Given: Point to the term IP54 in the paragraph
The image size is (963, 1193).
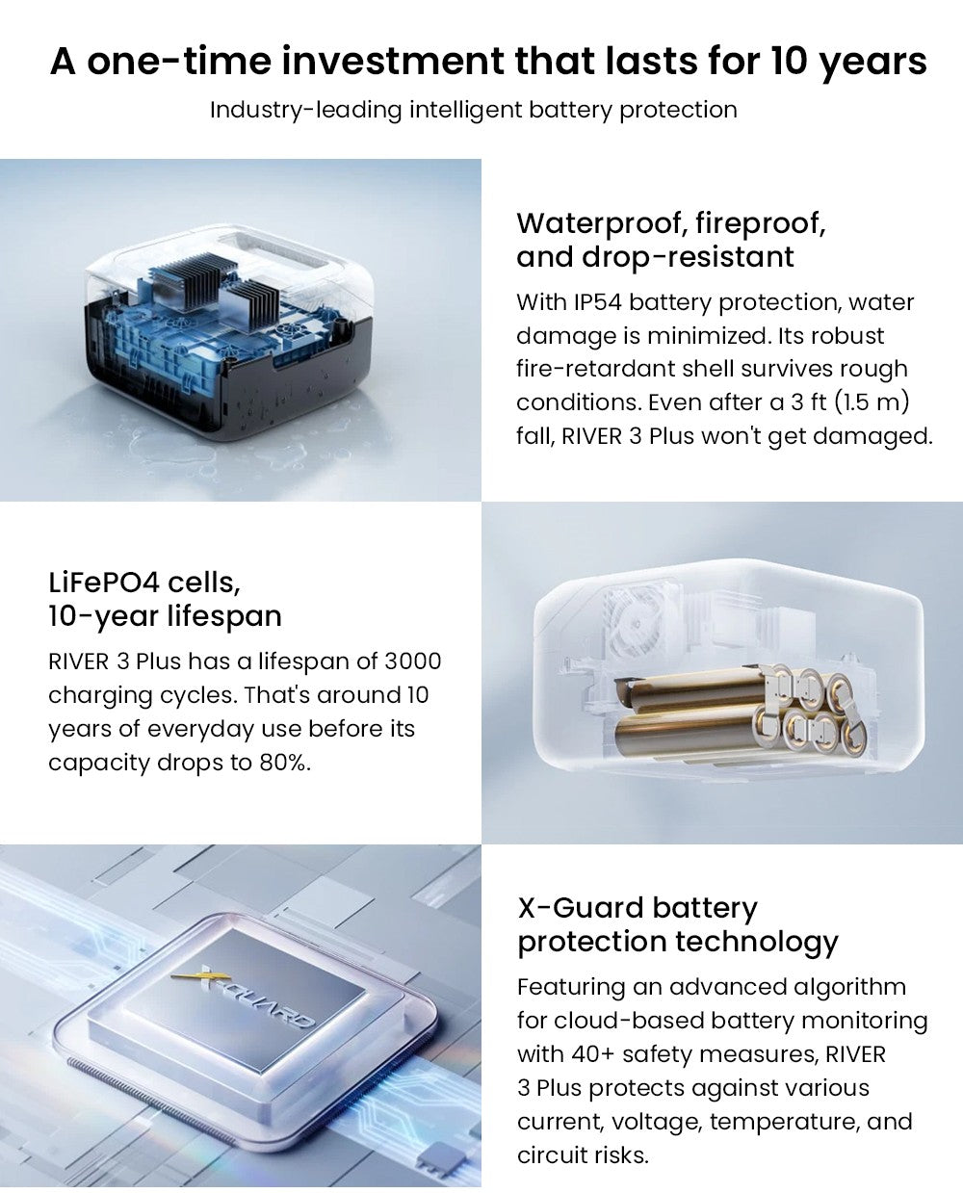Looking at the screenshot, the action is (597, 302).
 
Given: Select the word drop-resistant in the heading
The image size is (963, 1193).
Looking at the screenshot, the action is (688, 257).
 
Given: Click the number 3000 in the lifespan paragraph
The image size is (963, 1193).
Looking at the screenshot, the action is (413, 661).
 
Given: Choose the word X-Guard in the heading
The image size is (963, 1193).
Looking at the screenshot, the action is (581, 908).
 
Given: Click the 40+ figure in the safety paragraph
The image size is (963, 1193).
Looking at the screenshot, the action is (593, 1054).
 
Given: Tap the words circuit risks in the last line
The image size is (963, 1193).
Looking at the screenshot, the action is (583, 1155).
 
